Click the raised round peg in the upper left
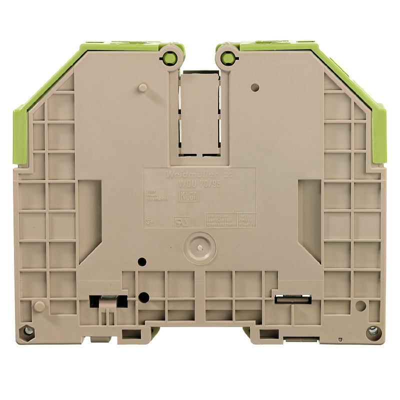pos(142,88)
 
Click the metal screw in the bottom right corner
pos(371,330)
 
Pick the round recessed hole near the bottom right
pos(359,305)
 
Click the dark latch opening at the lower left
pos(107,300)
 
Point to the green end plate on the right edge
pos(379,135)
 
